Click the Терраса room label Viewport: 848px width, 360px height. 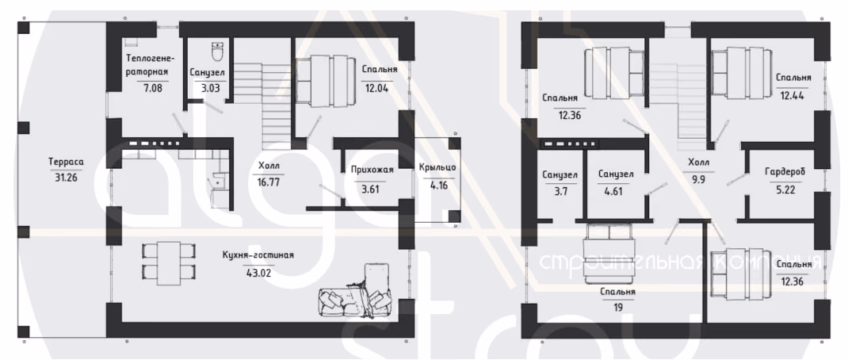(66, 161)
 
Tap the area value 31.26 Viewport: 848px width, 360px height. (66, 177)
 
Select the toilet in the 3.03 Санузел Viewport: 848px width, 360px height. (218, 53)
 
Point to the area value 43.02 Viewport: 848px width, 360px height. (258, 272)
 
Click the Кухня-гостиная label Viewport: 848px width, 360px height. (258, 255)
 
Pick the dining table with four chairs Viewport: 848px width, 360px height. (168, 262)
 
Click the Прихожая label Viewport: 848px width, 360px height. (372, 170)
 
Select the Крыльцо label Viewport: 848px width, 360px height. (437, 167)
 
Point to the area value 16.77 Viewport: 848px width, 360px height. (267, 182)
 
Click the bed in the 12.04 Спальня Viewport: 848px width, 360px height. (326, 80)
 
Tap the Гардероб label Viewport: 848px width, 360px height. (785, 171)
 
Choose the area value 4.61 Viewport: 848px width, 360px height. (616, 190)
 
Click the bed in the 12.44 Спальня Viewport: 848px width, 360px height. (741, 74)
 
